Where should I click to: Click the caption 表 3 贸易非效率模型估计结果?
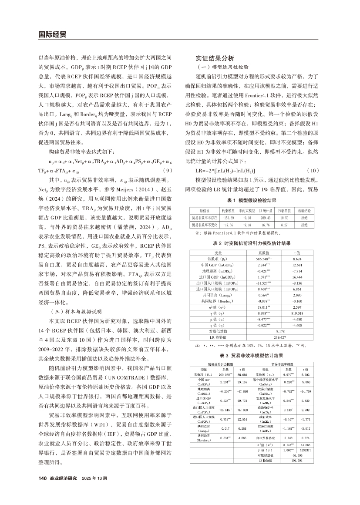[x=252, y=355]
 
